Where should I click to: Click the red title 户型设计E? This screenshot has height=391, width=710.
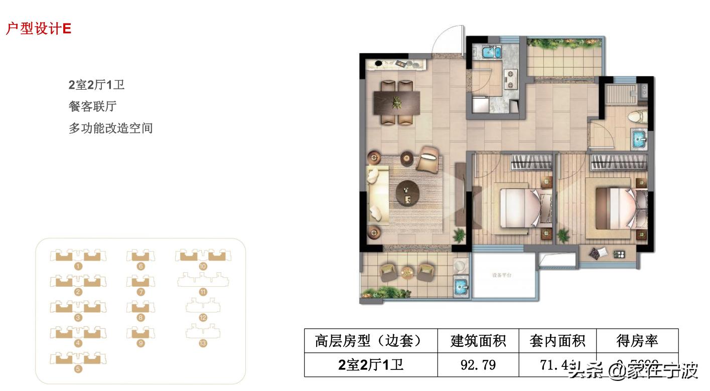coord(38,29)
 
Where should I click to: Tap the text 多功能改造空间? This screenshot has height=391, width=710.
coord(110,128)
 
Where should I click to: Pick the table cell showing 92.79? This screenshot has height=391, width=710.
coord(478,364)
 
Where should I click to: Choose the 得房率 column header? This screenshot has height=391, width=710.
coord(637,341)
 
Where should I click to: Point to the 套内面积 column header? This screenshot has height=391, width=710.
coord(557,341)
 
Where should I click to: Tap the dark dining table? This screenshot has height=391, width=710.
coord(396,103)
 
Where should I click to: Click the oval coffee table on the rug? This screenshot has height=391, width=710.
coord(407,193)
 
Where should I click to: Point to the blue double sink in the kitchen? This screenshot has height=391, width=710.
coord(490,52)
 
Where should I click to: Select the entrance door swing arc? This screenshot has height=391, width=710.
coord(447,38)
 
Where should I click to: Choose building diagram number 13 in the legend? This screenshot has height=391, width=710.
coord(203,332)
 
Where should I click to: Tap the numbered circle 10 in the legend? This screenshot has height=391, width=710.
coord(203,267)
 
